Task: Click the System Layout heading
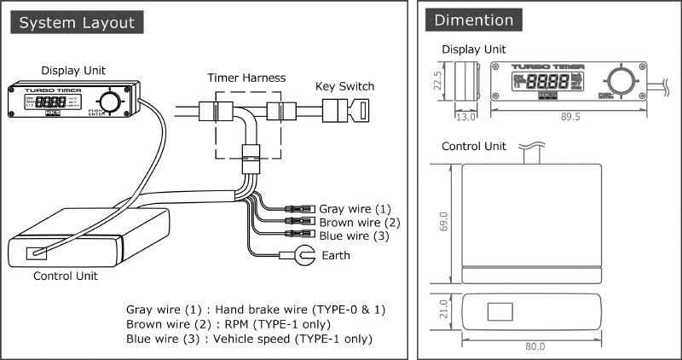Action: (77, 20)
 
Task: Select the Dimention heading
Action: (473, 20)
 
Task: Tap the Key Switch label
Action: (344, 86)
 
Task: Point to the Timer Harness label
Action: (246, 78)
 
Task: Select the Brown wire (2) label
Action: (358, 222)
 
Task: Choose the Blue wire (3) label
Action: (354, 235)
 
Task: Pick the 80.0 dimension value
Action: (535, 346)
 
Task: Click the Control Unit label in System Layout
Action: (65, 276)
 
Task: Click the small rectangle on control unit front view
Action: (499, 311)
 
